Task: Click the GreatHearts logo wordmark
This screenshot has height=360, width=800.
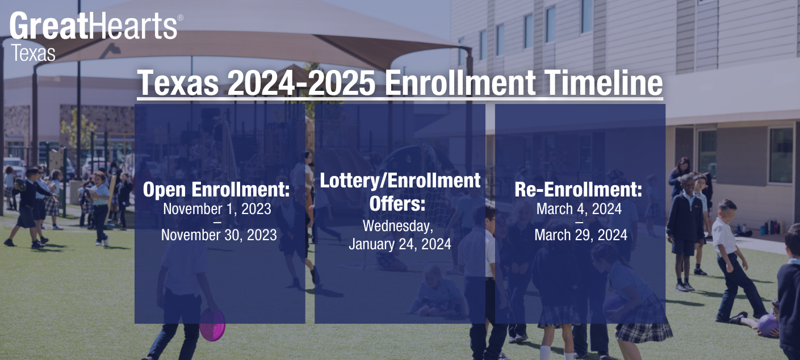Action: (94, 26)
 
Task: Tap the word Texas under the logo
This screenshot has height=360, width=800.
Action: (33, 53)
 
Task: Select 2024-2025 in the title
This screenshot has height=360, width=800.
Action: (301, 83)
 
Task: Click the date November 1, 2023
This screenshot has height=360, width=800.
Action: (217, 209)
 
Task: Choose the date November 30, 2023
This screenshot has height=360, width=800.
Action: (219, 235)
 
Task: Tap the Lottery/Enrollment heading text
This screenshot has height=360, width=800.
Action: (400, 181)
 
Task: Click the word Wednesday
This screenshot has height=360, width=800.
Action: (398, 226)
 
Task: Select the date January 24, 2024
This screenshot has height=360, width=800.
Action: (400, 244)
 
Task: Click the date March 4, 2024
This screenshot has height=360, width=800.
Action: (579, 209)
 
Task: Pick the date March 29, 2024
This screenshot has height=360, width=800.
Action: (581, 235)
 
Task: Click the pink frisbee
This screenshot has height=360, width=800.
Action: (212, 324)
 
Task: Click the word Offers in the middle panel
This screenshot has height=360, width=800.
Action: (397, 203)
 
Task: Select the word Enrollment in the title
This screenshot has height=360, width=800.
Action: (459, 83)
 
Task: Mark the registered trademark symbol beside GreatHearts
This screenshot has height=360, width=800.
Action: (181, 18)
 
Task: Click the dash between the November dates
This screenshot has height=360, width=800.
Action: (217, 221)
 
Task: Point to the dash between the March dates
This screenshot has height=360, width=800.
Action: (579, 221)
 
